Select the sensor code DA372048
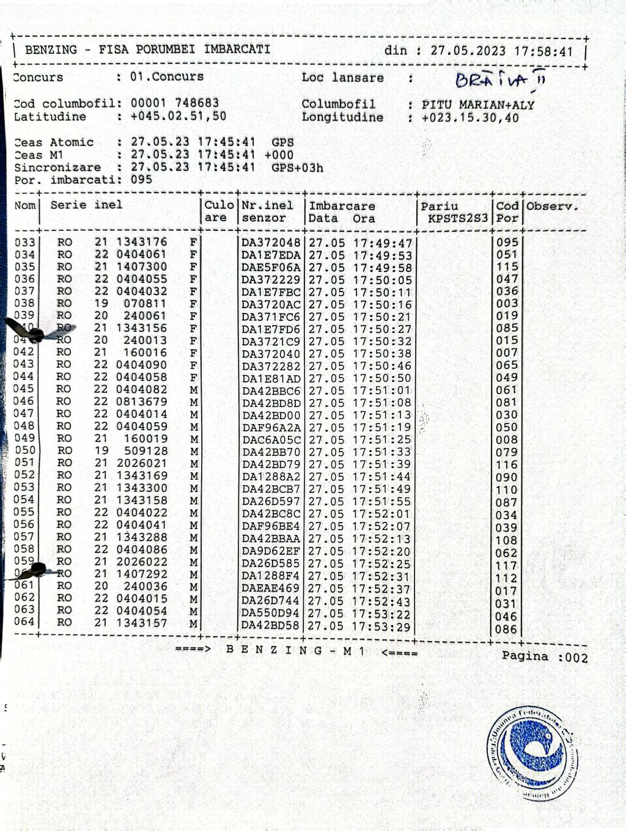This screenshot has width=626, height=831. (271, 243)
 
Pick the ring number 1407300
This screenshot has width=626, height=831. (142, 266)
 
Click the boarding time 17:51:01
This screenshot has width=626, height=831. (382, 390)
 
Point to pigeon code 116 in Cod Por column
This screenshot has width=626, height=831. (507, 464)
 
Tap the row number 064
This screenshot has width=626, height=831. (25, 622)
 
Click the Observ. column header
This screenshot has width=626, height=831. (552, 206)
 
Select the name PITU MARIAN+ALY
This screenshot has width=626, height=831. (477, 104)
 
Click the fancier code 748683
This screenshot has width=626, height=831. (197, 103)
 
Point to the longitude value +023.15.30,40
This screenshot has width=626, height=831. (470, 117)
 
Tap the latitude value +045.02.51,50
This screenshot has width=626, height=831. (178, 116)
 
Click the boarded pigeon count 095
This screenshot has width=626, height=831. (141, 180)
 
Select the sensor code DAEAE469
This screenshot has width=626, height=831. (271, 588)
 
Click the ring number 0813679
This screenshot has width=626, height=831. (142, 401)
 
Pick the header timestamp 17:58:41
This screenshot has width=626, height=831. (543, 51)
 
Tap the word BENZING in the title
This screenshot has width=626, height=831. (51, 49)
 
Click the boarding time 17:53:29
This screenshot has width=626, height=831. (382, 626)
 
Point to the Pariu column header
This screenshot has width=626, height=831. (439, 206)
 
